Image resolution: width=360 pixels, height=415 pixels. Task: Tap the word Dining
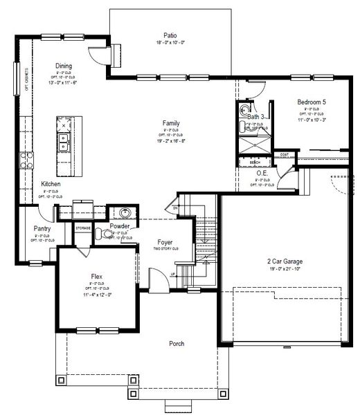point(64,66)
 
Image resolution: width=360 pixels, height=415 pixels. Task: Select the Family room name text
point(171,122)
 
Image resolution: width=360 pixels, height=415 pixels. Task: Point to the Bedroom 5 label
point(312,102)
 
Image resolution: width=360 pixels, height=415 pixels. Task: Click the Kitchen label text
point(51,184)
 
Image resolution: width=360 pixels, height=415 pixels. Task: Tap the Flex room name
point(97,276)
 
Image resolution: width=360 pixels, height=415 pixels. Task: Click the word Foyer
point(165,243)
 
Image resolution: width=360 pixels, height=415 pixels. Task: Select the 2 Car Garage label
point(285,261)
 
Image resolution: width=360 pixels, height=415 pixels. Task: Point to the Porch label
point(177,344)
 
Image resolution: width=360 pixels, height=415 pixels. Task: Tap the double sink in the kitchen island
point(64,142)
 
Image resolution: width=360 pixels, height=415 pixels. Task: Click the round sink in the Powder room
point(126,213)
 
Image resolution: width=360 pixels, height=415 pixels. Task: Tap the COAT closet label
point(284,154)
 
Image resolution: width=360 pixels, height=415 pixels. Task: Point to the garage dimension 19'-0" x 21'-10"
point(285,269)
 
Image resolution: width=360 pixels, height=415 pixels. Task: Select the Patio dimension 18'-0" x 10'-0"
point(170,42)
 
